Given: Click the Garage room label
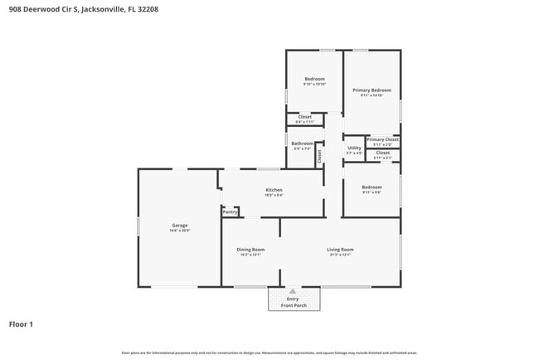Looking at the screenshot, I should pos(179,225).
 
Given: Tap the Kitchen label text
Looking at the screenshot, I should pos(274,190).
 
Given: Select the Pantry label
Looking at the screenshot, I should pos(230,212).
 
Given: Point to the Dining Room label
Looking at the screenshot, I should pos(250,250).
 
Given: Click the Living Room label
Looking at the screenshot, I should pos(340,250).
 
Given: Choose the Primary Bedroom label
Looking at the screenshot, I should pos(371,90).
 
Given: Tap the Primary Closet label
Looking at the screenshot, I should pos(382,139).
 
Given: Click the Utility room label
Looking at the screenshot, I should pos(354,148).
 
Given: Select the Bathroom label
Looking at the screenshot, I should pos(302,144).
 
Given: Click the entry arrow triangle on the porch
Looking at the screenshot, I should pos(292,291).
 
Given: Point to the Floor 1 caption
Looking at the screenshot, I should pos(22,324).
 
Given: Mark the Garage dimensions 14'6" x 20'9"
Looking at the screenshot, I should pos(179,230).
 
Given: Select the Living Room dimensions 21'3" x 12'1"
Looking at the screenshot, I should pos(340,255).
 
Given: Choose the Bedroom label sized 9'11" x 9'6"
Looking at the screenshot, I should pos(371,187).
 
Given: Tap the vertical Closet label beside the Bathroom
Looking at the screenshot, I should pos(318,154).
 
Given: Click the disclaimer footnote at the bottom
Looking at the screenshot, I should pos(269,353).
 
